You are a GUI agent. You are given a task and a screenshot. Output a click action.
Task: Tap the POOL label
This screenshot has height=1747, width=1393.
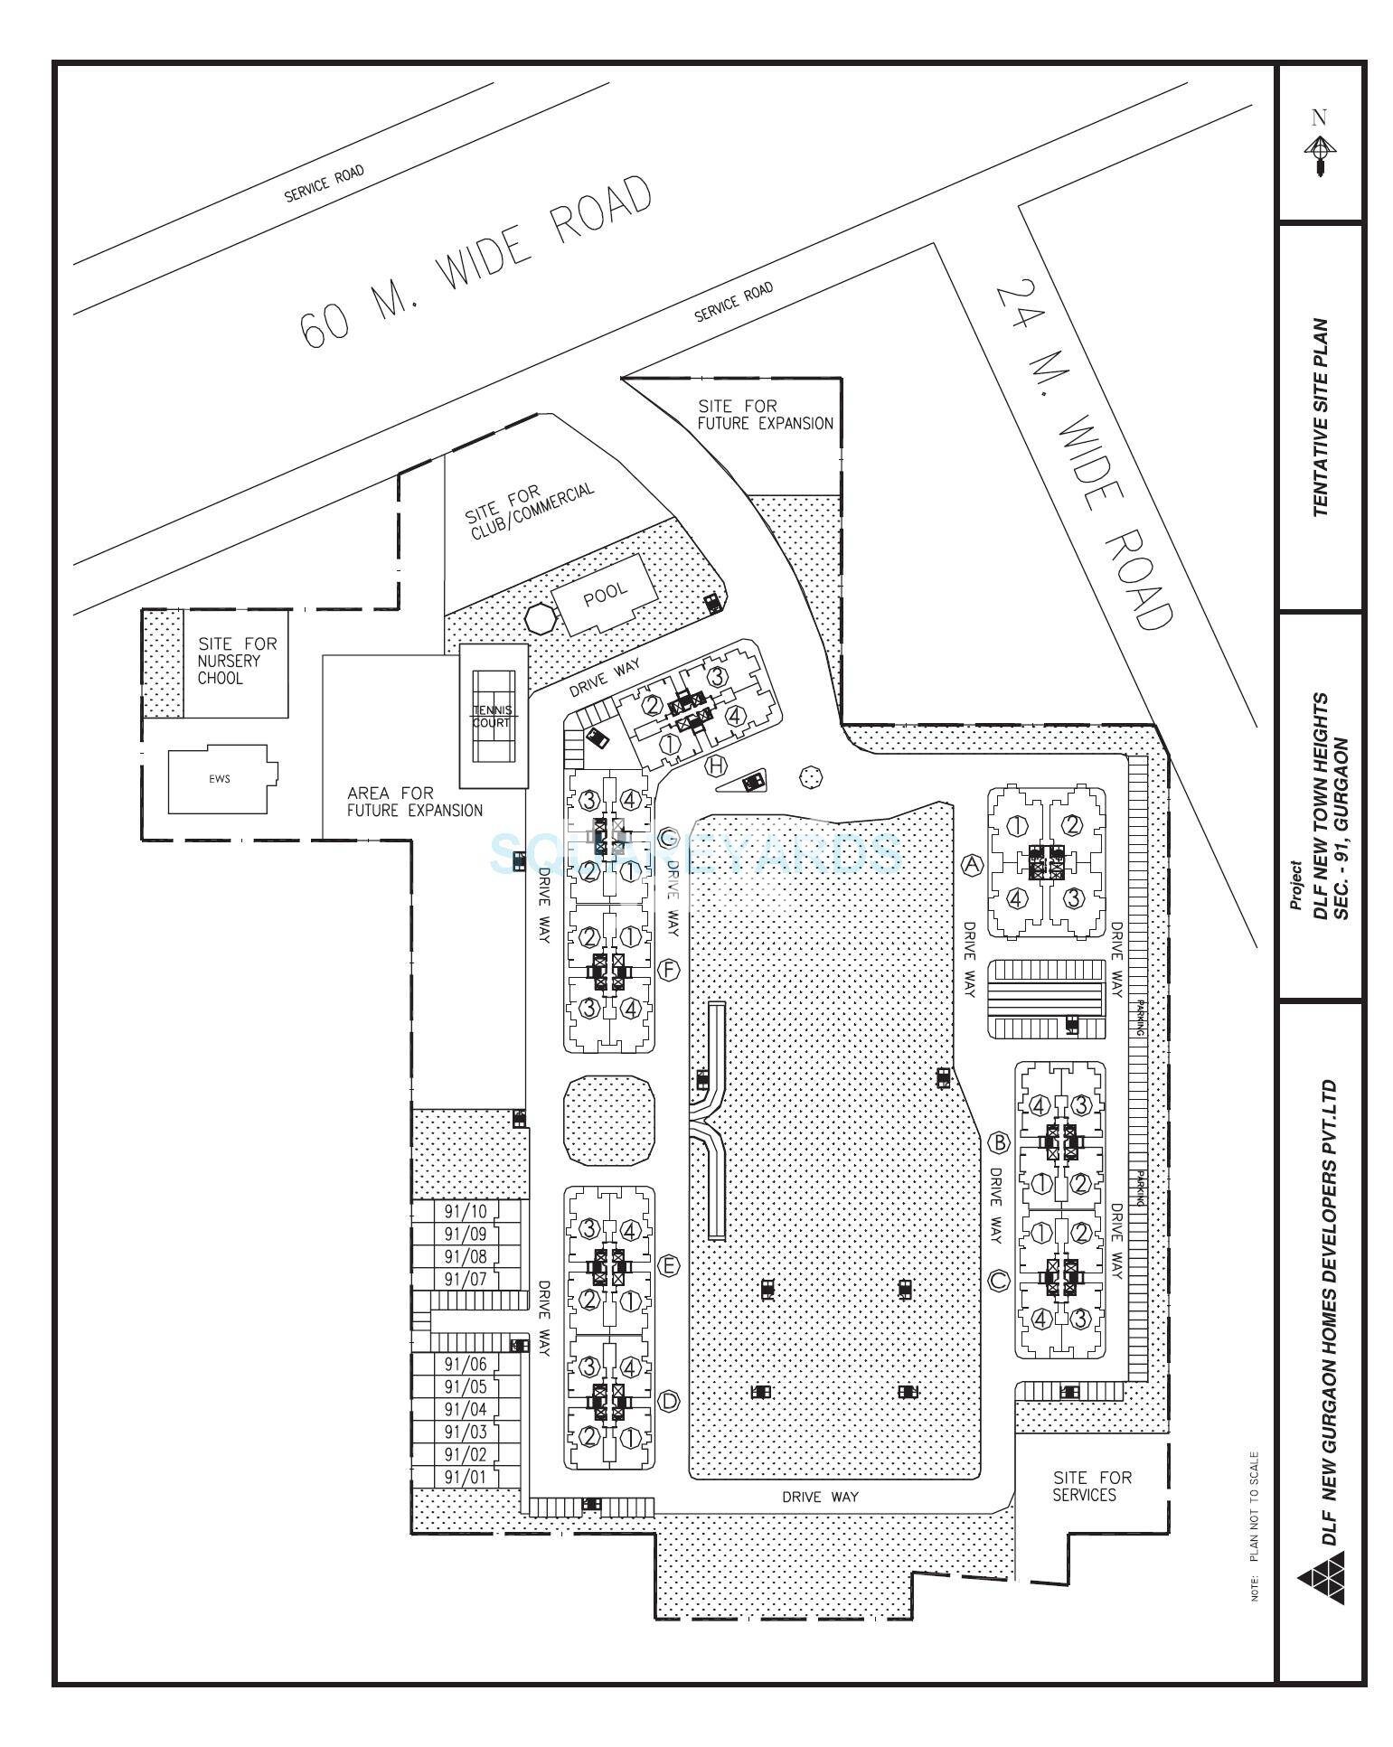click(x=605, y=594)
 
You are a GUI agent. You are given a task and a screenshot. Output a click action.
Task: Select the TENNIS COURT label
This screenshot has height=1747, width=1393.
click(x=493, y=716)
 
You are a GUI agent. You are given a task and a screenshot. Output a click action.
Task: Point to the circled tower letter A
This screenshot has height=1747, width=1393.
click(x=972, y=863)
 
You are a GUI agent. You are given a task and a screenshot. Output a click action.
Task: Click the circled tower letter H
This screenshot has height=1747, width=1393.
click(x=716, y=765)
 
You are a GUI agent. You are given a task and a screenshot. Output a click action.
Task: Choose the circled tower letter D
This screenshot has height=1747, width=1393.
click(x=669, y=1401)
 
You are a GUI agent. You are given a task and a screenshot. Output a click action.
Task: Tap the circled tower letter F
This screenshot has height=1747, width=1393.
click(x=669, y=970)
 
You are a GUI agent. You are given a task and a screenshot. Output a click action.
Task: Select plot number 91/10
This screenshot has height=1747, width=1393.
click(x=466, y=1211)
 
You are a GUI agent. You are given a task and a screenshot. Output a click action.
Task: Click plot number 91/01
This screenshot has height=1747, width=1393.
click(x=466, y=1478)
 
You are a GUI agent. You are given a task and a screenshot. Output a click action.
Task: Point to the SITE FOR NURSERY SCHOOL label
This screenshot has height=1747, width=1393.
click(x=238, y=661)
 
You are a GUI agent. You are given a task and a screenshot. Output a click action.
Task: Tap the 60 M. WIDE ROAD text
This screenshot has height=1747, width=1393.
click(x=476, y=261)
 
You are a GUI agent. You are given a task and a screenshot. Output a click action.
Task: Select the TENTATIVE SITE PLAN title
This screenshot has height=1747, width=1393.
click(x=1321, y=417)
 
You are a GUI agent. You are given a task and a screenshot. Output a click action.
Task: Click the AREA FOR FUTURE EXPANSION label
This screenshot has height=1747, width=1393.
click(x=414, y=802)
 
